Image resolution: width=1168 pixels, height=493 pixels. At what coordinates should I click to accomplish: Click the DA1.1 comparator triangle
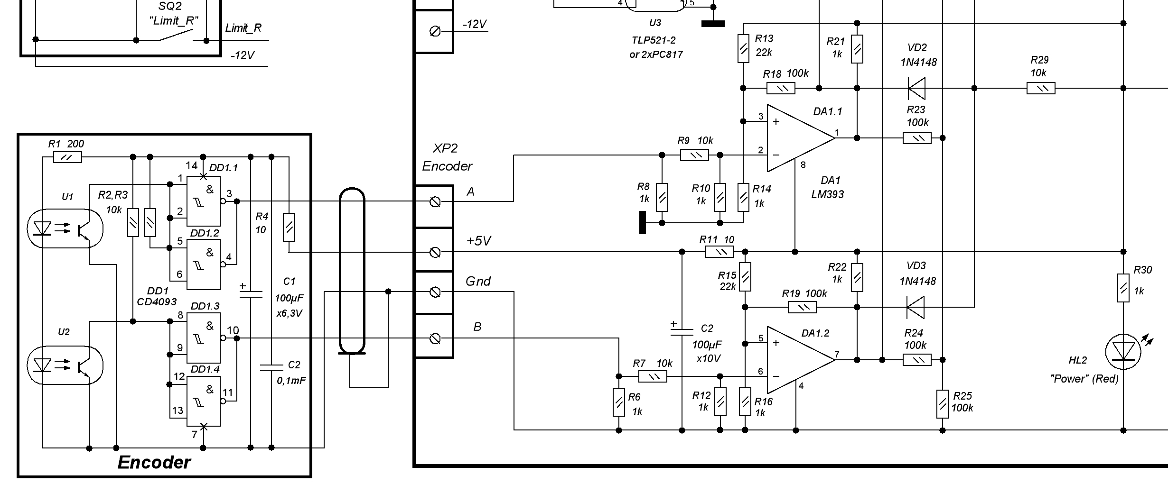pyautogui.click(x=797, y=138)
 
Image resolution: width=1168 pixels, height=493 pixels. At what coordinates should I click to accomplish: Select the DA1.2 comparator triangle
pyautogui.click(x=797, y=360)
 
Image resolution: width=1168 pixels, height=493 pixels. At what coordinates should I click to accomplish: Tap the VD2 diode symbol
pyautogui.click(x=916, y=88)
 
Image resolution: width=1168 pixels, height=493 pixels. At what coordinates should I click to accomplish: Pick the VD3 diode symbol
pyautogui.click(x=916, y=307)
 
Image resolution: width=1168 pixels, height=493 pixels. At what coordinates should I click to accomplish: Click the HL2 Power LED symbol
pyautogui.click(x=1123, y=352)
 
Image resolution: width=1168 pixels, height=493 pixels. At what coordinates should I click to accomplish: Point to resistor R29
pyautogui.click(x=1041, y=88)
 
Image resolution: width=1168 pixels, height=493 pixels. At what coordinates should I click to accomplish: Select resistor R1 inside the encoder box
pyautogui.click(x=67, y=157)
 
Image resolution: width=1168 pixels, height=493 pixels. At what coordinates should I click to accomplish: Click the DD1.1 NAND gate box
pyautogui.click(x=204, y=201)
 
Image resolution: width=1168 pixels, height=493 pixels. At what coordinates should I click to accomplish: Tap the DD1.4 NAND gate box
pyautogui.click(x=204, y=402)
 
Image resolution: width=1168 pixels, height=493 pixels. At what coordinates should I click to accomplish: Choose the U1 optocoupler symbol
pyautogui.click(x=65, y=229)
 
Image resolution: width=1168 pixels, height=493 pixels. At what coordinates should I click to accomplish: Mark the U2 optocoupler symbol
pyautogui.click(x=65, y=365)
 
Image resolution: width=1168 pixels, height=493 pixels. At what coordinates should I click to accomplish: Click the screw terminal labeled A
pyautogui.click(x=435, y=202)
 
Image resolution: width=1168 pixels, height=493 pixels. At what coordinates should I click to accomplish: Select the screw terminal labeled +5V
pyautogui.click(x=435, y=252)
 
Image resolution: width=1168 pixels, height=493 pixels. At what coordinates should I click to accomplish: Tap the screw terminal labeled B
pyautogui.click(x=435, y=338)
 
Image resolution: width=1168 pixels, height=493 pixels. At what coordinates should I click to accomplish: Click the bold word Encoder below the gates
pyautogui.click(x=154, y=463)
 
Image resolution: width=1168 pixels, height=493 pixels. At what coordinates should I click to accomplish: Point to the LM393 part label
pyautogui.click(x=827, y=194)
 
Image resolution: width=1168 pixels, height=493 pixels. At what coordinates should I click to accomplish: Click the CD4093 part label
pyautogui.click(x=157, y=302)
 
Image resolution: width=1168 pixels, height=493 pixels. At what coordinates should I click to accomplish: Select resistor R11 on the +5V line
pyautogui.click(x=719, y=252)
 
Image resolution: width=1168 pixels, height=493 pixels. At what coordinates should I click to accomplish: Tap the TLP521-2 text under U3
pyautogui.click(x=654, y=40)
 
